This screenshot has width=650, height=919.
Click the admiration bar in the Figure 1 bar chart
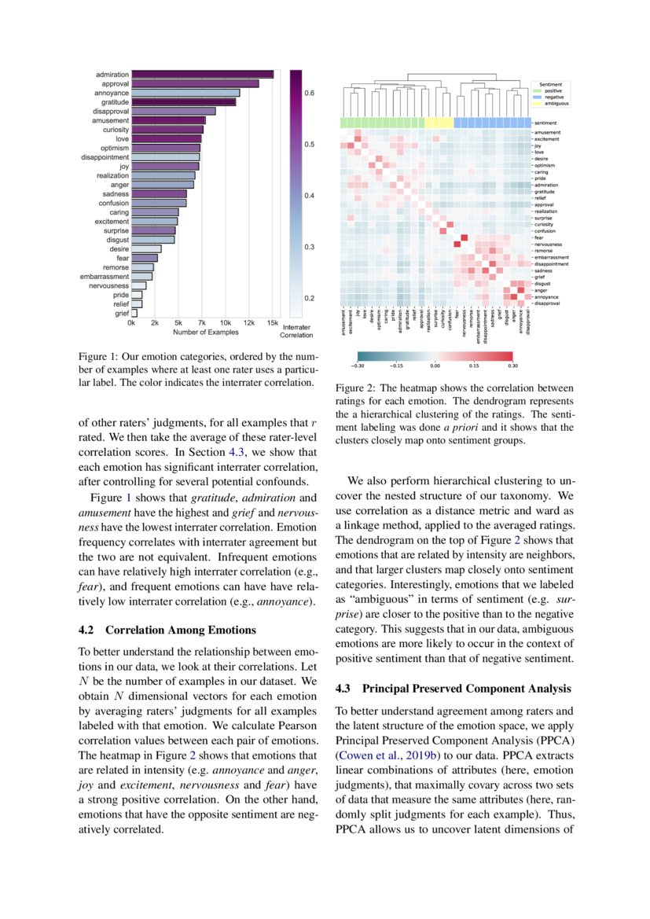pyautogui.click(x=202, y=74)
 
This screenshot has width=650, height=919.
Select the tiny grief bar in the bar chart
pyautogui.click(x=134, y=312)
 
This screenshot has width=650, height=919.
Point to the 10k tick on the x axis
pyautogui.click(x=226, y=323)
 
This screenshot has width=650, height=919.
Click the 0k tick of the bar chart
pyautogui.click(x=132, y=323)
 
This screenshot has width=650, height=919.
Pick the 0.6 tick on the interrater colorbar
pyautogui.click(x=309, y=93)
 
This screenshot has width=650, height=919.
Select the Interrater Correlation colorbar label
pyautogui.click(x=296, y=330)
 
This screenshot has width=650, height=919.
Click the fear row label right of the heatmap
pyautogui.click(x=539, y=237)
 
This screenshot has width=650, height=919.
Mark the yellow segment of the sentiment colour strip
pyautogui.click(x=439, y=123)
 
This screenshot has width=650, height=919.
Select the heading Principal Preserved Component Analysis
pyautogui.click(x=467, y=689)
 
